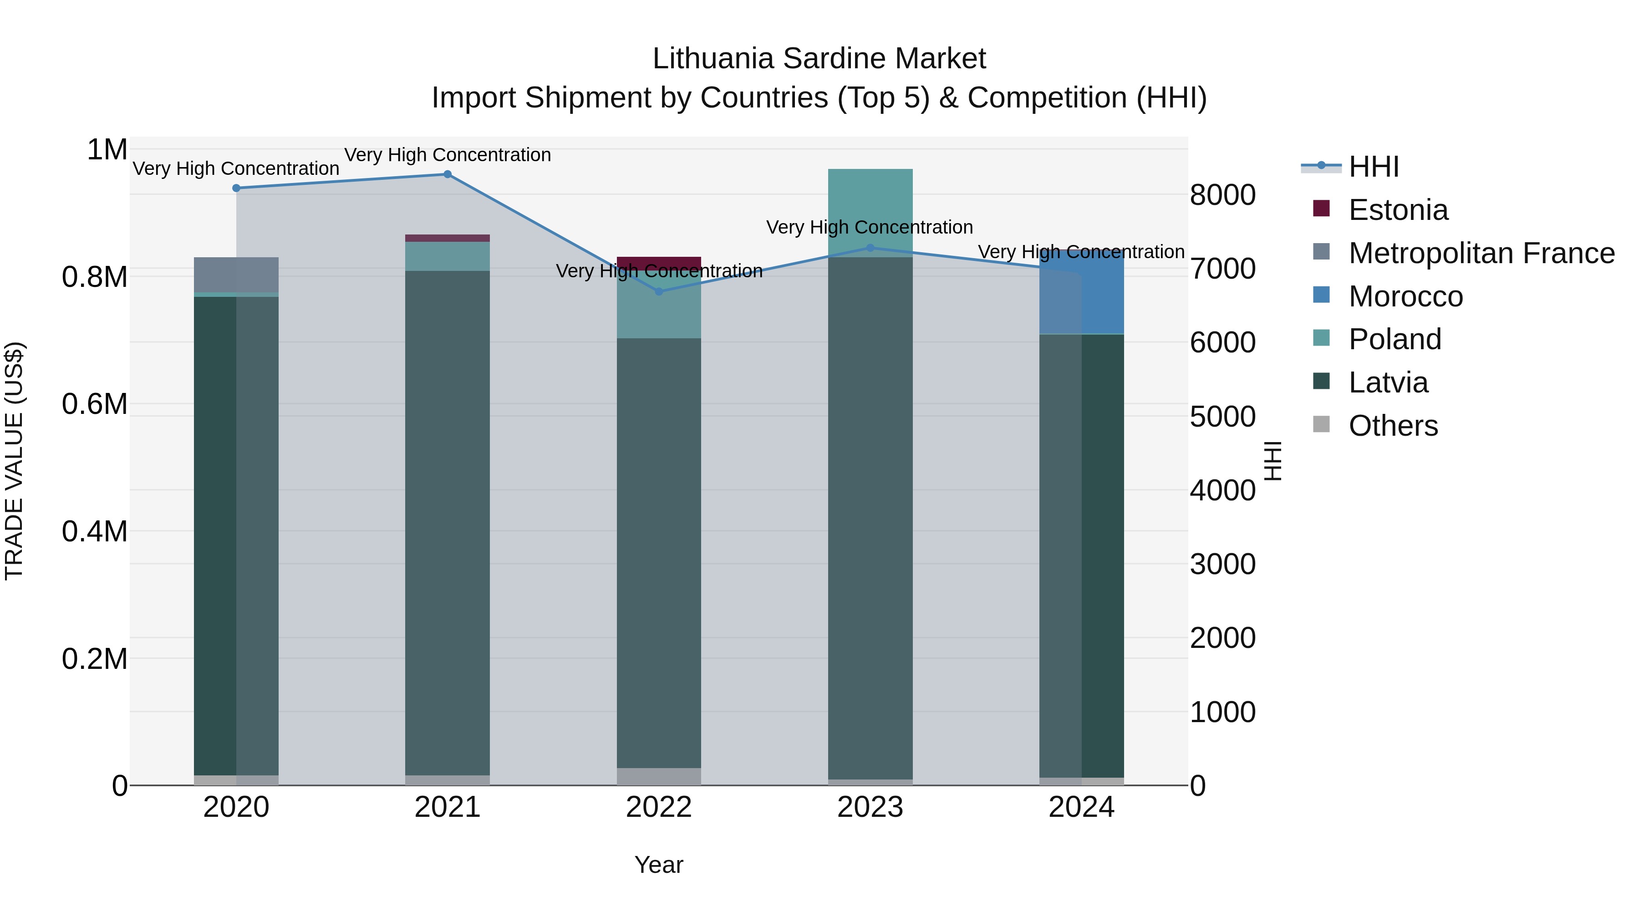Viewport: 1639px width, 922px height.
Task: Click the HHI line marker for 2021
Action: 447,174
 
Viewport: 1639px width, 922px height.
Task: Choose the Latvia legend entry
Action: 1388,382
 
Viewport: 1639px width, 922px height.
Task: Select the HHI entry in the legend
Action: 1373,167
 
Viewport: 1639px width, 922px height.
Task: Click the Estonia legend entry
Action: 1398,210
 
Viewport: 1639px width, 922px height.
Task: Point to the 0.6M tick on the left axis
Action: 95,404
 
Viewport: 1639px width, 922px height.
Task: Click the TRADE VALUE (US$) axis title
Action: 14,461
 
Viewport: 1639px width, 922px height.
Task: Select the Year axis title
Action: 658,865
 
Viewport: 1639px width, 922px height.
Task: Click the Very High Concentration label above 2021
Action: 447,155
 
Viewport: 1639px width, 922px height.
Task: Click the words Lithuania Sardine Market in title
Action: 819,59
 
